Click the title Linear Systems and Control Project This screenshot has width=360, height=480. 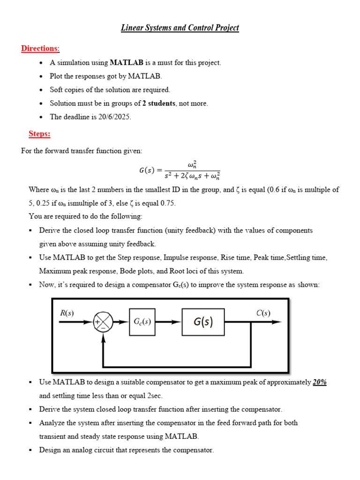[180, 28]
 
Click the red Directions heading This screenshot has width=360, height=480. [40, 49]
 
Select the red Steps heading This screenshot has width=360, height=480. [39, 134]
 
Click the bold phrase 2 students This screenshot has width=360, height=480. [158, 103]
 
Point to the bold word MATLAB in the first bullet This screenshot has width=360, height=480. [127, 62]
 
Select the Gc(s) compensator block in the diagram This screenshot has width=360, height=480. [142, 322]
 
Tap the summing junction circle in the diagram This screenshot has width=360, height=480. [104, 322]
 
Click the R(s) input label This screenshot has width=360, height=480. [67, 313]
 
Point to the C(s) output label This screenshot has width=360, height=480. [262, 313]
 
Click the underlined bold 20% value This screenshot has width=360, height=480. [320, 382]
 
